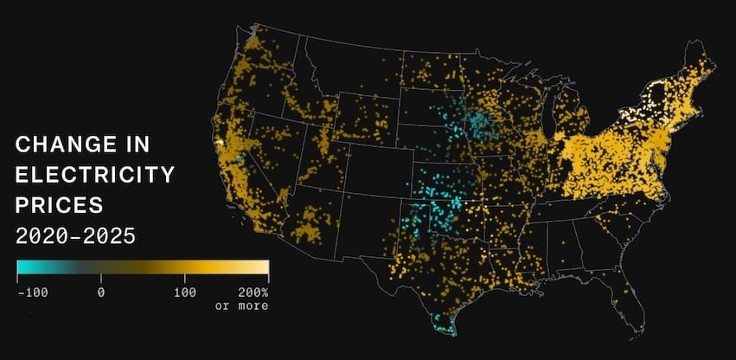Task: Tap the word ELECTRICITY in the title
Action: pyautogui.click(x=95, y=175)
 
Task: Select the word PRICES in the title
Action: pyautogui.click(x=59, y=205)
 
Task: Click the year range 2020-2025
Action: pyautogui.click(x=76, y=235)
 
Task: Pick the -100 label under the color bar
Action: pyautogui.click(x=33, y=292)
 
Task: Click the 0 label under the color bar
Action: pyautogui.click(x=101, y=292)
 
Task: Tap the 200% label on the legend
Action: pyautogui.click(x=253, y=292)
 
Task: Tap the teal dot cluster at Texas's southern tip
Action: pyautogui.click(x=443, y=327)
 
